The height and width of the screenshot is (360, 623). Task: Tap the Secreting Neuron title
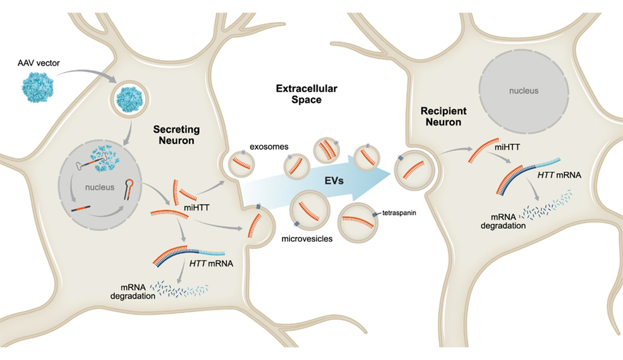[x=176, y=135]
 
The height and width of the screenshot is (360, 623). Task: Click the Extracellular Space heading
[x=299, y=94]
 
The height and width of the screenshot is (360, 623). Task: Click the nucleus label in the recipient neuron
[x=524, y=90]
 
